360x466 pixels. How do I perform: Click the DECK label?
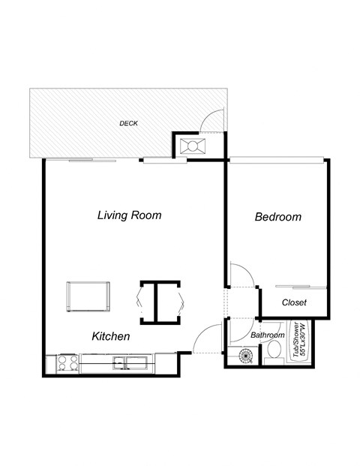coord(128,123)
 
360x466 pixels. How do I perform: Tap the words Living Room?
coord(129,215)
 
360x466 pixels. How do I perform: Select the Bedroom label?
coord(277,218)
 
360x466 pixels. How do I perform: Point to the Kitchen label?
coord(111,337)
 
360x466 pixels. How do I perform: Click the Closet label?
coord(294,302)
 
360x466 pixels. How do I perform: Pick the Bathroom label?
coord(267,335)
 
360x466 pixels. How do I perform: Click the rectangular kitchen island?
coord(88,296)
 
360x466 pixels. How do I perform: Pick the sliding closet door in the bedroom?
coord(300,287)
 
